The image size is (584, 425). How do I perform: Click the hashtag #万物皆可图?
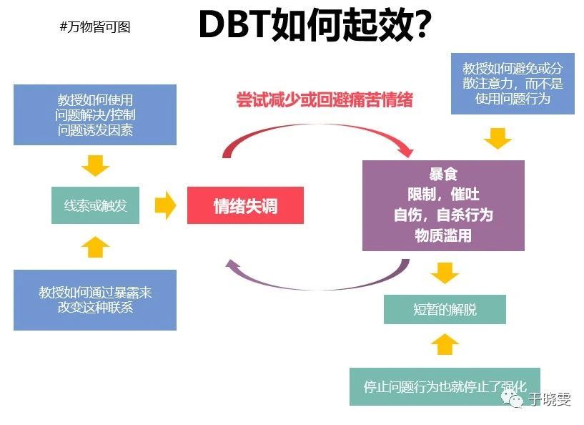click(96, 27)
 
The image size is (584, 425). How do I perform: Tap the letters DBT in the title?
click(232, 26)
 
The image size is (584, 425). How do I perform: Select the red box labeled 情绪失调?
click(245, 206)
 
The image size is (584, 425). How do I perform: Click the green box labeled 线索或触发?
click(95, 205)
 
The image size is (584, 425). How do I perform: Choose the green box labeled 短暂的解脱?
click(444, 310)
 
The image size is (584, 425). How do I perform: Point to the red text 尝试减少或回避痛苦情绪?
click(325, 99)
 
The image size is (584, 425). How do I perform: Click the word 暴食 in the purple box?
click(443, 175)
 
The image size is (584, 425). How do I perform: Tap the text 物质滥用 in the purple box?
click(443, 235)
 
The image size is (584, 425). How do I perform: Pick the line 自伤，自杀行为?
click(443, 215)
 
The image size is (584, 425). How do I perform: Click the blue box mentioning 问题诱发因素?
click(95, 114)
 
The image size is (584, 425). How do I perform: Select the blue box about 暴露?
click(95, 300)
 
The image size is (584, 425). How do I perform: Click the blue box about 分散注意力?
click(513, 83)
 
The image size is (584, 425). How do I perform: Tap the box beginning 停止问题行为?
click(444, 386)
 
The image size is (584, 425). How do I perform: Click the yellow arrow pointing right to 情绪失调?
click(165, 206)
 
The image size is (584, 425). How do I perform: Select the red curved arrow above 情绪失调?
click(315, 135)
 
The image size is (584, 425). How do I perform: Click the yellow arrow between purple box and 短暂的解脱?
click(444, 273)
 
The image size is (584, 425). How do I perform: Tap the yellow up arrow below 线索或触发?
click(95, 247)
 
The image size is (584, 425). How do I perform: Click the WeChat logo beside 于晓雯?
click(514, 398)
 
